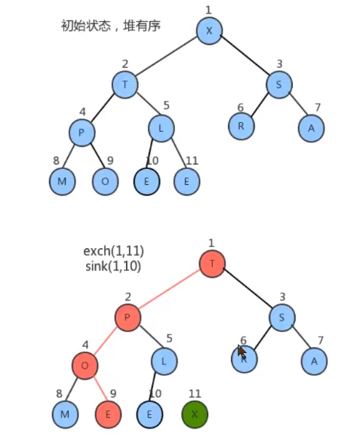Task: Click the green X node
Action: pyautogui.click(x=195, y=414)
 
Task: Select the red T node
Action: pyautogui.click(x=212, y=263)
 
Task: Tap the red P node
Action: pyautogui.click(x=128, y=318)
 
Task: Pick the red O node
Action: pyautogui.click(x=85, y=366)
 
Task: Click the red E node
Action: pyautogui.click(x=108, y=414)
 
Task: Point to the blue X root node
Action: pyautogui.click(x=209, y=31)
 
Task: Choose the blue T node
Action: pyautogui.click(x=125, y=84)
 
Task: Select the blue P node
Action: pyautogui.click(x=82, y=133)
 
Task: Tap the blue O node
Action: pyautogui.click(x=105, y=181)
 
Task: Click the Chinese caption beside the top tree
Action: pyautogui.click(x=111, y=26)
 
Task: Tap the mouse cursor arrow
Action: pyautogui.click(x=242, y=351)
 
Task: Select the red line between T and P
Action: pyautogui.click(x=169, y=290)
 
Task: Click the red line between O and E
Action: pyautogui.click(x=100, y=388)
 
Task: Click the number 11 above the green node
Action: pyautogui.click(x=195, y=394)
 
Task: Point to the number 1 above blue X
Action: pyautogui.click(x=208, y=10)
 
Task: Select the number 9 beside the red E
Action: pyautogui.click(x=113, y=394)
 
